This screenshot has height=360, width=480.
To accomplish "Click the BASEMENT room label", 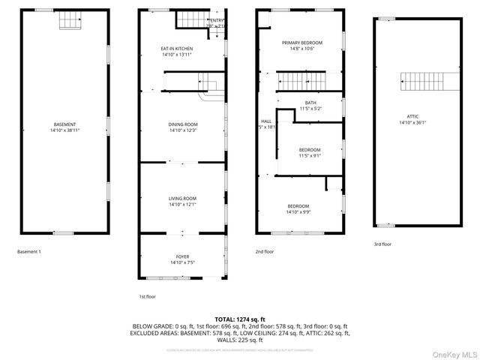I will pos(64,124).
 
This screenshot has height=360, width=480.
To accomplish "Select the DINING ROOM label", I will pos(183,124).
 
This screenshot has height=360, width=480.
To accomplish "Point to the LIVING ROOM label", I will pos(183,198).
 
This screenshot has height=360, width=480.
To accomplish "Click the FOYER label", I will pos(183,256).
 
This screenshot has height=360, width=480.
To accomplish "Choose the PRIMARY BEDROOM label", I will pos(301,43).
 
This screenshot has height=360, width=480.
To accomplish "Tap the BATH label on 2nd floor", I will pos(310,103).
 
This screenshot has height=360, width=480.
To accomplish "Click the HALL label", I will pos(265,121).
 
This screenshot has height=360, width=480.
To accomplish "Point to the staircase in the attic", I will pos(430,79).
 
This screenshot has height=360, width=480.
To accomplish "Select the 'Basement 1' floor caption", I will pos(28,251).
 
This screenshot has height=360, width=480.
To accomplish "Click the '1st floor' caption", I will pos(147,297).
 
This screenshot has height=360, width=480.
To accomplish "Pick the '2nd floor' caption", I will pos(265,251).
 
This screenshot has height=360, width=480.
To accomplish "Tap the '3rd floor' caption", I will pos(382,244).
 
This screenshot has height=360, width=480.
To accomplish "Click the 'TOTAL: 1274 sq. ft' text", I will pos(240,319).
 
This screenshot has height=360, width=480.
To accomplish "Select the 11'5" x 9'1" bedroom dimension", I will pos(310,156).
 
